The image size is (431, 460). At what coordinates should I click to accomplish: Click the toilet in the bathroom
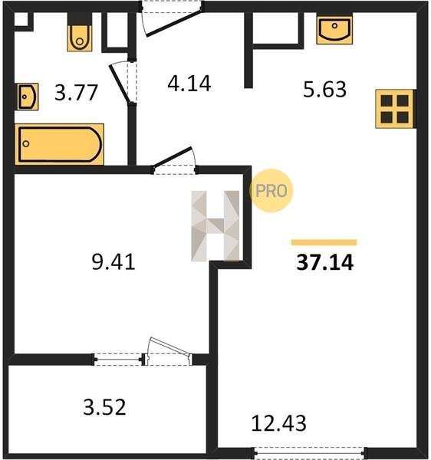coord(80,38)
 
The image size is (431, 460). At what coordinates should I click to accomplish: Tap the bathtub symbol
coord(59,144)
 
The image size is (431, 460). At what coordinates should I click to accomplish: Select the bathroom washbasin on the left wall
coord(28,97)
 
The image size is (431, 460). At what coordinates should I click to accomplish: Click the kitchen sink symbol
coord(334,30)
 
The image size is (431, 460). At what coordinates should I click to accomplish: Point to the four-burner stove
coord(395,109)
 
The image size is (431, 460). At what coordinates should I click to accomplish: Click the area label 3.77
coord(76,93)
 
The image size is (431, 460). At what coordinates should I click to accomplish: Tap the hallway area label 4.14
coord(189,84)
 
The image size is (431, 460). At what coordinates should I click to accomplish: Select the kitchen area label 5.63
coord(325,89)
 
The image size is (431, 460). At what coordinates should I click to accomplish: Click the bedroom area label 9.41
coord(114,261)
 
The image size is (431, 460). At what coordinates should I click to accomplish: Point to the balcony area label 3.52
coord(104,407)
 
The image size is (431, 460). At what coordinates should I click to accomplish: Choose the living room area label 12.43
coord(278,423)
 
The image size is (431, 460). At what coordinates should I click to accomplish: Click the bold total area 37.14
coord(325,262)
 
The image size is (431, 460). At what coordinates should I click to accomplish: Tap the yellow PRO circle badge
coord(271,191)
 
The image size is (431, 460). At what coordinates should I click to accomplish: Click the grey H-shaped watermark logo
coord(215,226)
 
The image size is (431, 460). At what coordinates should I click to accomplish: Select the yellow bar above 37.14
coord(324,242)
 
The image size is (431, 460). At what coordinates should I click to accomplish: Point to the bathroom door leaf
coord(119,84)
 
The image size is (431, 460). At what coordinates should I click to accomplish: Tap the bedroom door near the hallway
coord(173,157)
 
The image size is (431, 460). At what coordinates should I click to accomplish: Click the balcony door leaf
coord(170,348)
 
